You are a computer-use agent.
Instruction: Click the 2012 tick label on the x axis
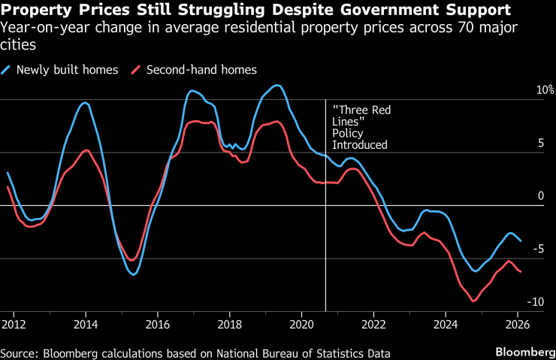coord(13,324)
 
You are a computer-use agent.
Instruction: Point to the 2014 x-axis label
coord(85,324)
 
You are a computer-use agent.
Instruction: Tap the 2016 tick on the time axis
coord(157,324)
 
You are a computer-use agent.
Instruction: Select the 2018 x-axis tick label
coord(229,324)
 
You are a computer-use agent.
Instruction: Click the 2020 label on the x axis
coord(301,324)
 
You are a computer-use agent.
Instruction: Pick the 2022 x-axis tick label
coord(373,324)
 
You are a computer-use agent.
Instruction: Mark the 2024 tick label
coord(446,324)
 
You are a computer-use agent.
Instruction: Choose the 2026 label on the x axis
coord(518,324)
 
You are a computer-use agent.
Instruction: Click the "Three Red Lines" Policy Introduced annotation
coord(361,128)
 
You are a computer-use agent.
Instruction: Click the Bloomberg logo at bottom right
coord(524,352)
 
